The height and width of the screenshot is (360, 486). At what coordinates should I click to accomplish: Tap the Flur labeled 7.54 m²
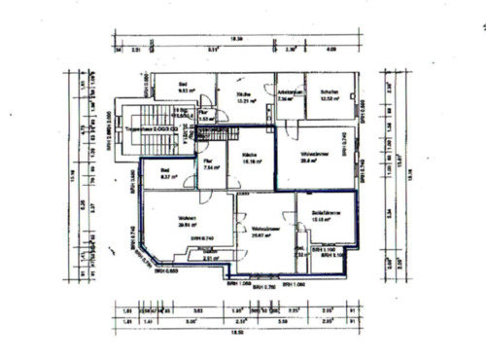click(210, 163)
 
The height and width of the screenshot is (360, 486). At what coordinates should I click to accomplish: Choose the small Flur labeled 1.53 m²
click(204, 116)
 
